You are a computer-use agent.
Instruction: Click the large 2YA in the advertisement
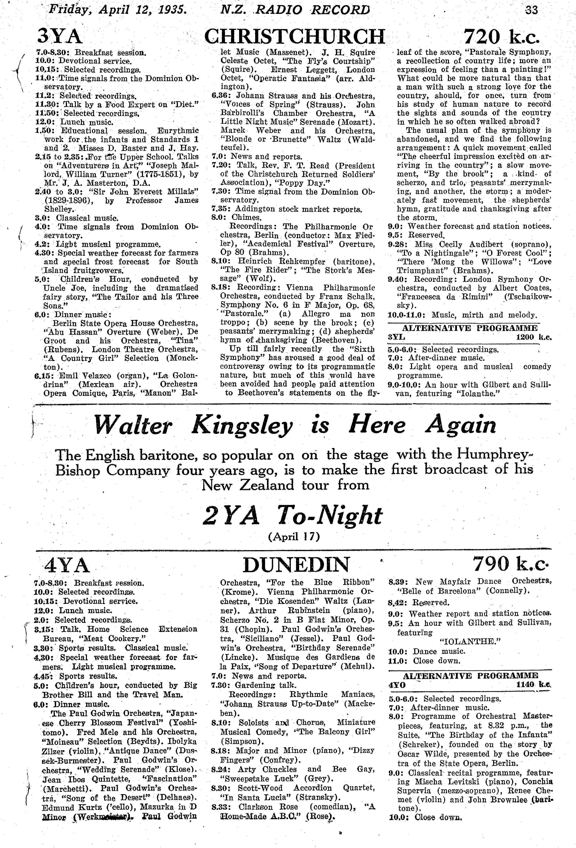(231, 516)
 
